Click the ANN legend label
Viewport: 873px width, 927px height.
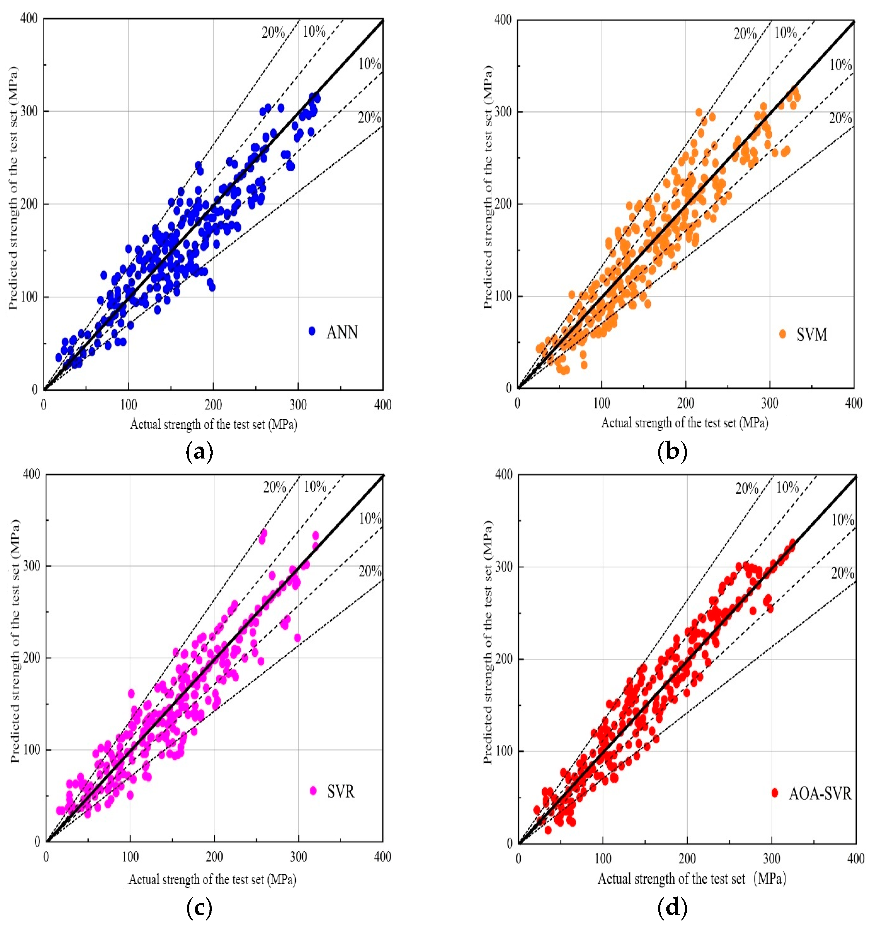click(342, 332)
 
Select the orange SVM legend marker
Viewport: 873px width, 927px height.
click(783, 334)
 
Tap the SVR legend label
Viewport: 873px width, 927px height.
click(341, 791)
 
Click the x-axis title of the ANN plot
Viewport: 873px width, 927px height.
click(213, 424)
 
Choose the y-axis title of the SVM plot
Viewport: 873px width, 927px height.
click(488, 186)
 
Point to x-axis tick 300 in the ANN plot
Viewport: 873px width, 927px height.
click(298, 405)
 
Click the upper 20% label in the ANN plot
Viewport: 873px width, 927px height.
click(273, 32)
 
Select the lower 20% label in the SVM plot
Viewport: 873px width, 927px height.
click(840, 118)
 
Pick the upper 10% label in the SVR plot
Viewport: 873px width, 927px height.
click(315, 487)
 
